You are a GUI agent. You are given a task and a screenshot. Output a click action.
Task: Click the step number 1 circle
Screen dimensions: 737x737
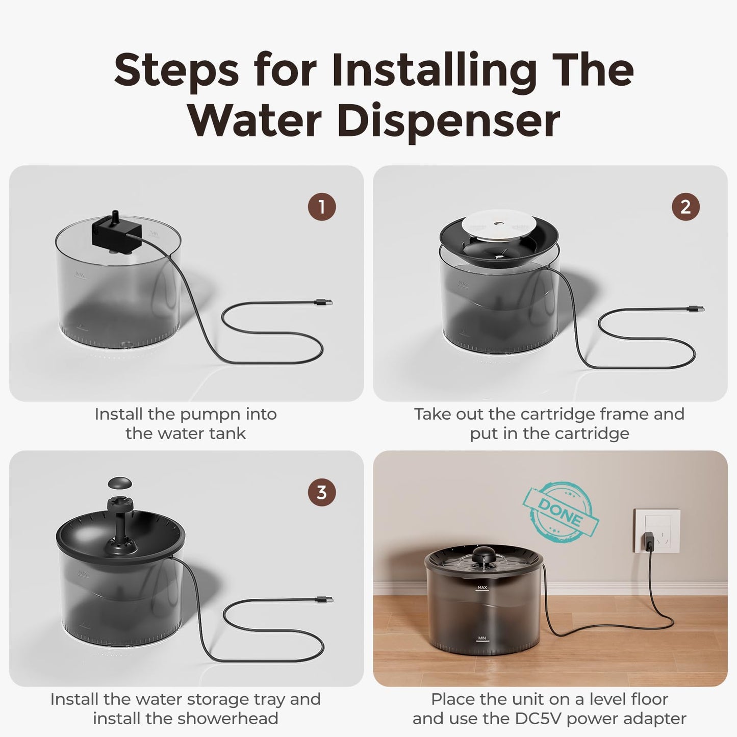(322, 207)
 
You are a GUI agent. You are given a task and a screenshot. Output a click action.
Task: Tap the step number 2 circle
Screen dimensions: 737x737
(685, 207)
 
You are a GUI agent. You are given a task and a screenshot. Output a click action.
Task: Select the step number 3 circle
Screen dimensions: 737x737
(322, 492)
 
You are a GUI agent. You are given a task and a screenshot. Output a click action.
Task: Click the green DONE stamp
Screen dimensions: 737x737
(561, 512)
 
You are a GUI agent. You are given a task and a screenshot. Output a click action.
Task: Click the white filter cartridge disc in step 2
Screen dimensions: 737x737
(500, 225)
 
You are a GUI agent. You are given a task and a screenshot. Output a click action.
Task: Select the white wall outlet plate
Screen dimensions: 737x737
(657, 531)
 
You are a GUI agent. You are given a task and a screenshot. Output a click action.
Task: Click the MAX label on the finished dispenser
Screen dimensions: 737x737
(481, 588)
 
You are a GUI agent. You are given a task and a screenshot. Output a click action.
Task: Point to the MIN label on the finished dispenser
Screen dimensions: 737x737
(481, 638)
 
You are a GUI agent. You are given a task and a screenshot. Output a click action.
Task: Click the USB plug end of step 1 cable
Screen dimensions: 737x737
(325, 303)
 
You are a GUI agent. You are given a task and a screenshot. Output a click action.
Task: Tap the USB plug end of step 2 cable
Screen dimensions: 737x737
(697, 309)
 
